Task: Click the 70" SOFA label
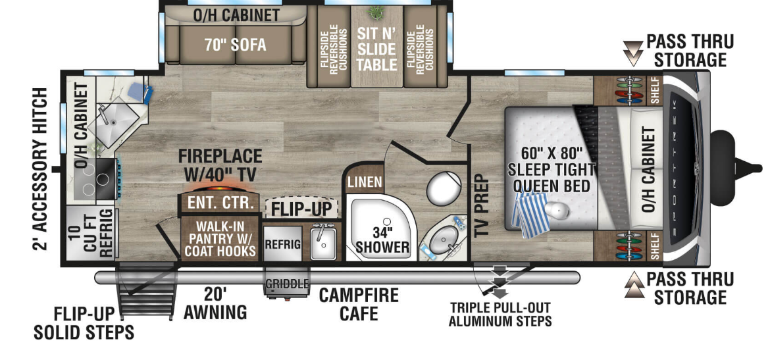pyautogui.click(x=235, y=45)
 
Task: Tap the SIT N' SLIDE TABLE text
pyautogui.click(x=376, y=49)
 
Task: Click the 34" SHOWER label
pyautogui.click(x=382, y=239)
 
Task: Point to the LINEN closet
pyautogui.click(x=365, y=182)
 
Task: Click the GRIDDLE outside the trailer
pyautogui.click(x=287, y=284)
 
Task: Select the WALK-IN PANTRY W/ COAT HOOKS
pyautogui.click(x=219, y=239)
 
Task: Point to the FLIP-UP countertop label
pyautogui.click(x=302, y=209)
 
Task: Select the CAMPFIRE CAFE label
pyautogui.click(x=359, y=304)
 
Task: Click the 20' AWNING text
pyautogui.click(x=215, y=303)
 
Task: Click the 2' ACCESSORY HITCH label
pyautogui.click(x=40, y=168)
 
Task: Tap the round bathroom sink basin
pyautogui.click(x=444, y=242)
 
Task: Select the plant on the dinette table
pyautogui.click(x=376, y=11)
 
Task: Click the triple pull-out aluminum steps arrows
pyautogui.click(x=500, y=282)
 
